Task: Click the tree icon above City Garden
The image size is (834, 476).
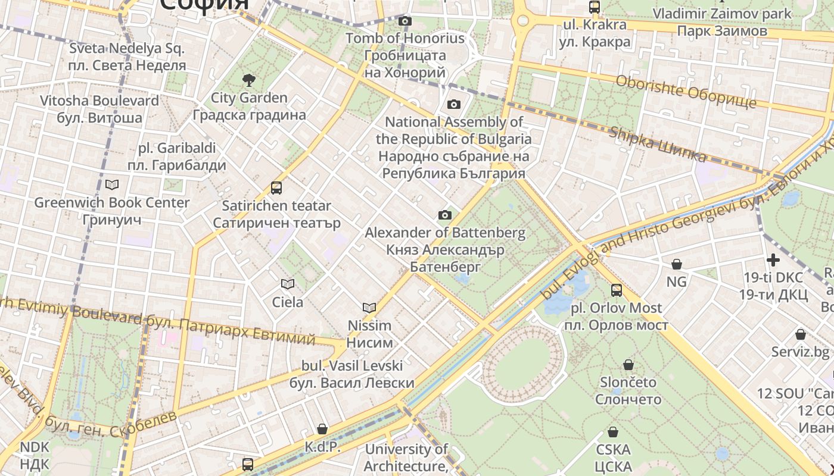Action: click(x=248, y=80)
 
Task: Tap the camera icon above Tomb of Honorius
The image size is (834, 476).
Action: click(x=405, y=21)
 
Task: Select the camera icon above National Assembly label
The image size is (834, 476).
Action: click(x=454, y=105)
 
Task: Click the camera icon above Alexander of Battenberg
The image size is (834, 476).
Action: click(x=445, y=215)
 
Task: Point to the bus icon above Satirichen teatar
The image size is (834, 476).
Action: click(x=276, y=188)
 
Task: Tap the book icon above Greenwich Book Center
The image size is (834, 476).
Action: click(x=112, y=185)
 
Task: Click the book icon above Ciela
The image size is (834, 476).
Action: click(x=288, y=284)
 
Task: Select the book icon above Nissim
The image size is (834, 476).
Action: click(x=369, y=308)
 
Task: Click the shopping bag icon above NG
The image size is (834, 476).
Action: click(x=677, y=264)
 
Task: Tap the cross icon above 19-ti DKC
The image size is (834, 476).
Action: click(x=773, y=260)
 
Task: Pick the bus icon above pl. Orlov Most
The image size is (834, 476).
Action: click(x=617, y=290)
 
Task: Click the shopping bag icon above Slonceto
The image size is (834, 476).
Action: click(x=628, y=365)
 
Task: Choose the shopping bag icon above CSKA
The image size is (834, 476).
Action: click(x=613, y=432)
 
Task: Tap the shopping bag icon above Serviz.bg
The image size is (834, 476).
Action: click(x=801, y=334)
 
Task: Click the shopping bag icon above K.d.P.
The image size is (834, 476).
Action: click(x=322, y=429)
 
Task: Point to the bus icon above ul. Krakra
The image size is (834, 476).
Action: click(x=594, y=7)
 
